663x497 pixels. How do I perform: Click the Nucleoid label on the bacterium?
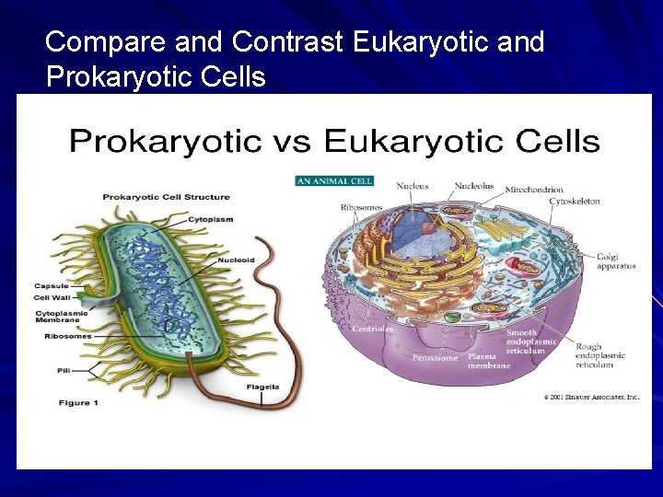(x=236, y=260)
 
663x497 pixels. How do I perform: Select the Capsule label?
(x=52, y=285)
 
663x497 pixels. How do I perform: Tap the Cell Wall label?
(x=53, y=297)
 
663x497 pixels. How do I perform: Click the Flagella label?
(x=262, y=387)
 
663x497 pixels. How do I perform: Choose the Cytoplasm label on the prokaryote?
(x=211, y=219)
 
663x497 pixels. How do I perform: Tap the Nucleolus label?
(x=473, y=186)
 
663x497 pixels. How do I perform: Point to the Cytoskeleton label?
(x=575, y=201)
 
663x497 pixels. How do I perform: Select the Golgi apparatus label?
(x=615, y=261)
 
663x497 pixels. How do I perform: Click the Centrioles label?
(x=372, y=329)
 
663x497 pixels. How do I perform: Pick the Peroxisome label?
(x=435, y=358)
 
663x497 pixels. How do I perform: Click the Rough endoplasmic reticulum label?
(x=599, y=355)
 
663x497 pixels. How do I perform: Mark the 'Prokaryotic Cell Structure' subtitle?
(x=166, y=197)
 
